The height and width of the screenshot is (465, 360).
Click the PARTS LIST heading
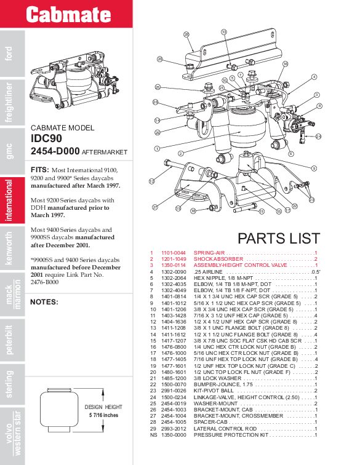pos(278,238)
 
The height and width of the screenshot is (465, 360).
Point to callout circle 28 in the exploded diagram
pos(187,35)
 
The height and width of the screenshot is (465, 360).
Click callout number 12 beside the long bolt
pos(151,181)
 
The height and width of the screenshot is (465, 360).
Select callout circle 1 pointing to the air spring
pos(158,148)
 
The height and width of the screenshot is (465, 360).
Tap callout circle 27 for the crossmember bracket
pos(156,207)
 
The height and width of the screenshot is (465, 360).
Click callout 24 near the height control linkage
pos(318,137)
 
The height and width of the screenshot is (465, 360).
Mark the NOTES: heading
pos(44,302)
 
